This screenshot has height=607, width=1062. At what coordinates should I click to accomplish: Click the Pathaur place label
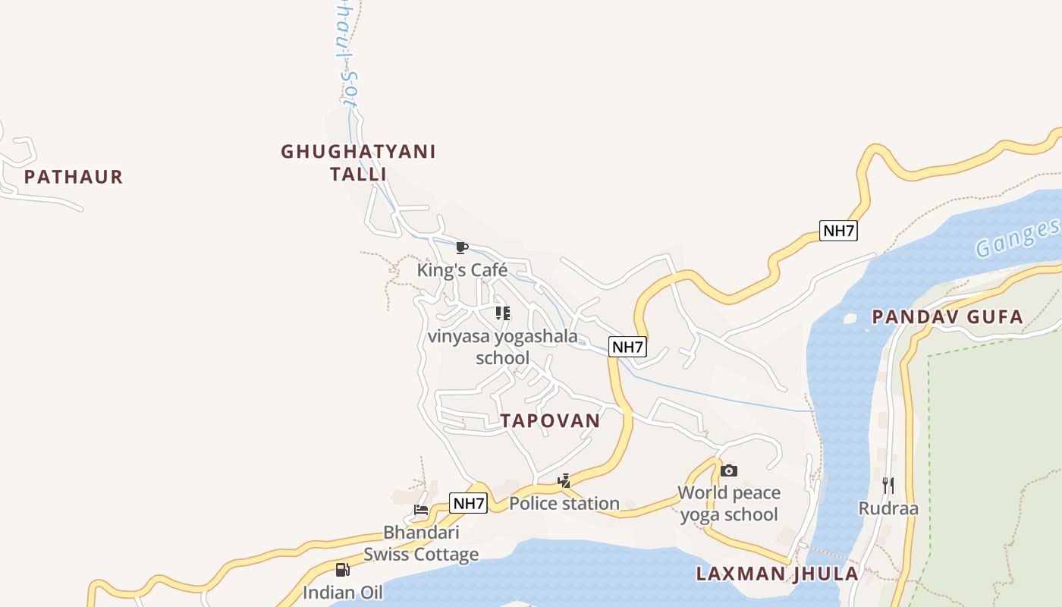(74, 178)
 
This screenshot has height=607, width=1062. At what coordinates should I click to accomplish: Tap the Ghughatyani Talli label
(358, 162)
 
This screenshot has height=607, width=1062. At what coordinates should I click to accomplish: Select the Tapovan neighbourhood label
(550, 421)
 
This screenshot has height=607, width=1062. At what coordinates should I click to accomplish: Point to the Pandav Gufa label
(947, 317)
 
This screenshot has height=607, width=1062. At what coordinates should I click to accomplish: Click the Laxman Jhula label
(778, 574)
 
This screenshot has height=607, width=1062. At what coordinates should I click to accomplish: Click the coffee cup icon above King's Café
(461, 247)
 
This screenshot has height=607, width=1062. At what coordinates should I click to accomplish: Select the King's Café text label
(462, 270)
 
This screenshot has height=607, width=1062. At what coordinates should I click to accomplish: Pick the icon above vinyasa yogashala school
(503, 313)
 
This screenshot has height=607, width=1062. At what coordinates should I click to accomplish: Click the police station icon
(564, 480)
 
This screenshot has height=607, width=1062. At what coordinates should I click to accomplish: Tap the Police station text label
(564, 503)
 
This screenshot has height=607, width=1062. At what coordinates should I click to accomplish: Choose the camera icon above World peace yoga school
(729, 470)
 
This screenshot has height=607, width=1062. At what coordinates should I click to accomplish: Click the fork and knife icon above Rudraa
(888, 485)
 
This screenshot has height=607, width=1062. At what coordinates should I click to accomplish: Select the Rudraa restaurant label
(888, 508)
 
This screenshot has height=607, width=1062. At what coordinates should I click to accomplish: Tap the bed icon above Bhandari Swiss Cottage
(421, 509)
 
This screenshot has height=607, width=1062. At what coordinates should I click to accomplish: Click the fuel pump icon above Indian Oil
(343, 569)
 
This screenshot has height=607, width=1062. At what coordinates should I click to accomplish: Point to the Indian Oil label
(343, 593)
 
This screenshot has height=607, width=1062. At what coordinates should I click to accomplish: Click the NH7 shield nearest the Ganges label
(838, 231)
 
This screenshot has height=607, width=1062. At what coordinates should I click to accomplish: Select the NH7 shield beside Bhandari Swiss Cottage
(468, 503)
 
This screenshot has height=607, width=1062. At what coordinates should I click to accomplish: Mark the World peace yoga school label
(729, 504)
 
